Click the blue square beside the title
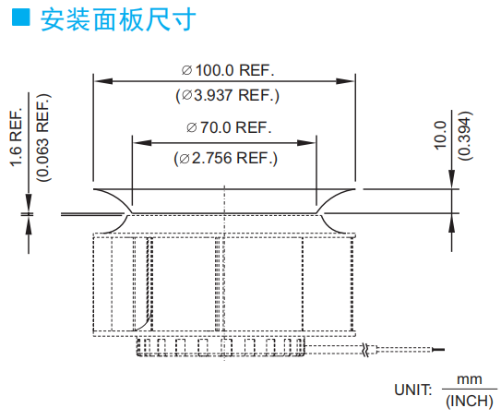pos(21,17)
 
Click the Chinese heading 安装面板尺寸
pos(118,19)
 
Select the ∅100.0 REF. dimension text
pos(228,70)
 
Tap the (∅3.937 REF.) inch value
pos(228,95)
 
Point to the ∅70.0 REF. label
pos(229,127)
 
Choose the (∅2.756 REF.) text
pos(225,158)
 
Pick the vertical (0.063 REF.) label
pos(43,138)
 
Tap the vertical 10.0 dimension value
pos(440,135)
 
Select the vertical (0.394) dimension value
pos(465,136)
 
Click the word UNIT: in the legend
pos(413,390)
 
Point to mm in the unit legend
pos(470,379)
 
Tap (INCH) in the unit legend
pos(470,401)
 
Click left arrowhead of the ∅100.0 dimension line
pos(103,81)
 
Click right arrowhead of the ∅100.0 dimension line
pos(345,81)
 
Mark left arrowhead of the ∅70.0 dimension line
pos(142,142)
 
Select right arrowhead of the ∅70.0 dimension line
pos(306,142)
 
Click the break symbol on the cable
pos(366,350)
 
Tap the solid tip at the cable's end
pos(438,350)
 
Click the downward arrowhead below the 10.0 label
pos(451,179)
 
